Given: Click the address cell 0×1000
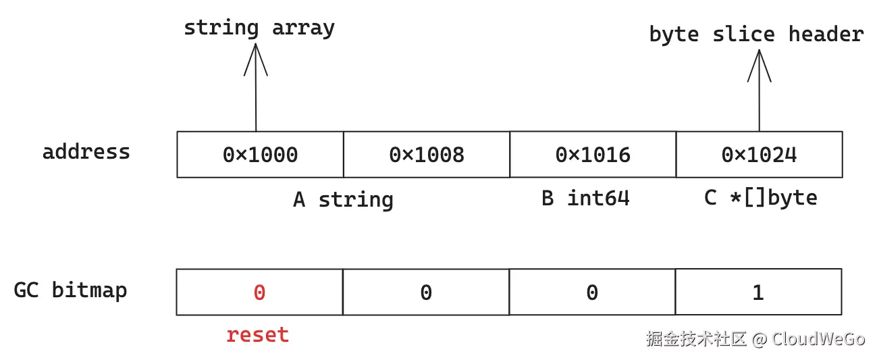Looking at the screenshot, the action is click(x=260, y=155).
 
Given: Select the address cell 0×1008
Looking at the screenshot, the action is click(x=427, y=155).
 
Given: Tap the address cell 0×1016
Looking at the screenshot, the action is click(x=593, y=155).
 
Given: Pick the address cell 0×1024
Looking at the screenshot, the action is click(x=759, y=155).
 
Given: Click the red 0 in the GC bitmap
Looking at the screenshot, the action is click(x=259, y=292).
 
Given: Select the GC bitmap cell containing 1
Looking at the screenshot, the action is click(x=758, y=292).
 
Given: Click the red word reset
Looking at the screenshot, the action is click(x=257, y=334).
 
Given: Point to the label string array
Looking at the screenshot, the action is click(x=259, y=28).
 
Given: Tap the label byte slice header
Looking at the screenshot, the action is click(x=756, y=34).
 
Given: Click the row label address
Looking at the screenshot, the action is click(x=86, y=151).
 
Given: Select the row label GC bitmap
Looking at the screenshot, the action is click(x=71, y=290).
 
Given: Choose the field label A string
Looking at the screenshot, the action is click(x=343, y=199).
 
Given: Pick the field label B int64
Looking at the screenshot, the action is click(x=585, y=198).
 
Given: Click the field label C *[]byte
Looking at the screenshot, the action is click(x=760, y=198).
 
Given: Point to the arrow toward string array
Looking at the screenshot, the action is click(x=256, y=88).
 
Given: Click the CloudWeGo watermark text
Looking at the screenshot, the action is click(x=818, y=338).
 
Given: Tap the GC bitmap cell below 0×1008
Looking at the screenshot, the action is click(x=426, y=292).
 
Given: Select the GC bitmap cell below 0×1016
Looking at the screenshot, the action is click(x=592, y=292).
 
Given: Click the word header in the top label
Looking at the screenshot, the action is click(x=826, y=34).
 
